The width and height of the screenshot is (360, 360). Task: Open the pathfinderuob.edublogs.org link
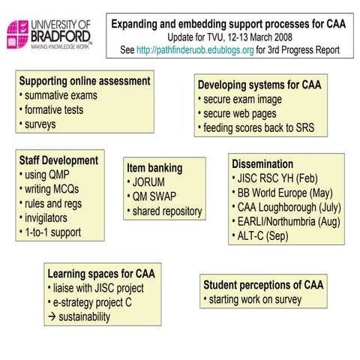coord(193,50)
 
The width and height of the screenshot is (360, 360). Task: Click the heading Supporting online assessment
coord(85,81)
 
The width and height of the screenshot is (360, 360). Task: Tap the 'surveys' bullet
coord(42,124)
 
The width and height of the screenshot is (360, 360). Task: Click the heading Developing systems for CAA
coord(259,85)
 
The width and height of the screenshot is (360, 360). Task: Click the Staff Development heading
coord(59,160)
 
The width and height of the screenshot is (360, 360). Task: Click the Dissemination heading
coord(262,163)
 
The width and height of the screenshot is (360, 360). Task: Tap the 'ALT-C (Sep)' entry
coord(263,235)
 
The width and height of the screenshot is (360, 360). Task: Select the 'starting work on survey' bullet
coord(255,300)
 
